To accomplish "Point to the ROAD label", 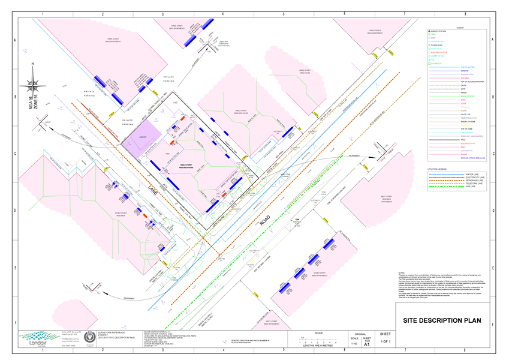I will click(265, 217).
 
